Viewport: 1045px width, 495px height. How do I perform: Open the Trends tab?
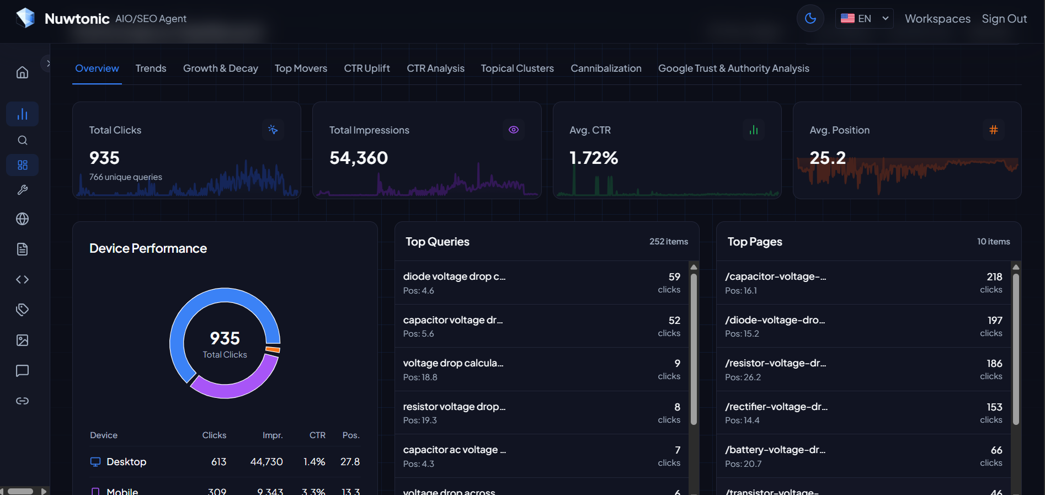pos(151,68)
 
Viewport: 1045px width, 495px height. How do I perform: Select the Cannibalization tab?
pos(606,68)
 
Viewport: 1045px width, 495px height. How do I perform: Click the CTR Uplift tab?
pos(367,68)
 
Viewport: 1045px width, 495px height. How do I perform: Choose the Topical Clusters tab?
pos(517,68)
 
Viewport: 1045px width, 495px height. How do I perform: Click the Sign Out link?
pos(1004,19)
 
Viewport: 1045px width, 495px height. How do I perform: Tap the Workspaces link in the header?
pos(937,19)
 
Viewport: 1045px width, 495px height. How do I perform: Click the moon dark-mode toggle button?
pos(810,18)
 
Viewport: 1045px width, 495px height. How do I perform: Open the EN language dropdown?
pos(864,18)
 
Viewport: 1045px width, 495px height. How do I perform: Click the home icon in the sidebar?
pos(22,72)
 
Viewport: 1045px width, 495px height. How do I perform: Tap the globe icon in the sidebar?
pos(22,219)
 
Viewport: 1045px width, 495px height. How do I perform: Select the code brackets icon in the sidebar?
pos(22,279)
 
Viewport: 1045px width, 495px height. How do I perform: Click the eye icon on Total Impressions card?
pos(514,130)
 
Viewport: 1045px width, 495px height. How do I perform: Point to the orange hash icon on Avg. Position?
pos(993,130)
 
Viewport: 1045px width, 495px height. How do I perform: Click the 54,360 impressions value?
pos(359,158)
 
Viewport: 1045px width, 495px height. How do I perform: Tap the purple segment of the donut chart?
pos(243,387)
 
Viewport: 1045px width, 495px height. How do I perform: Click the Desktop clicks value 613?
pos(218,462)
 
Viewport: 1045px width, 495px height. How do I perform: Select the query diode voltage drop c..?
pos(454,276)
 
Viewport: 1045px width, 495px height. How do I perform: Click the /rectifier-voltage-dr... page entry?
pos(776,407)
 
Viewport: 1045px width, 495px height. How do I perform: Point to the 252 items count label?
pos(668,242)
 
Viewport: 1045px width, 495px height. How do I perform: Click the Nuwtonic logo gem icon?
pos(25,18)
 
